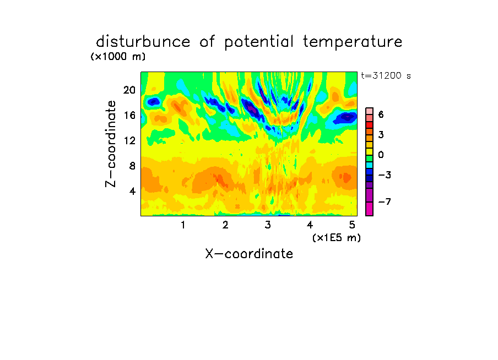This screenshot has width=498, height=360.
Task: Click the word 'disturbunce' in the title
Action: click(143, 41)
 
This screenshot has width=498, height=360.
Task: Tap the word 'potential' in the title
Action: click(259, 42)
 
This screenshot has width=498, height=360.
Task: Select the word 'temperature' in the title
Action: click(353, 42)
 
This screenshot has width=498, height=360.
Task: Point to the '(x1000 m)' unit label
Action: click(118, 57)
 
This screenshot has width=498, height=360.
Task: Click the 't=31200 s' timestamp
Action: click(386, 76)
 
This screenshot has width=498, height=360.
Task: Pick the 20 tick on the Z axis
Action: click(129, 90)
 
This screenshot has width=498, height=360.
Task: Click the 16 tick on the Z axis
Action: click(129, 115)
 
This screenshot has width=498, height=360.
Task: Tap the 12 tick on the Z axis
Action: click(129, 140)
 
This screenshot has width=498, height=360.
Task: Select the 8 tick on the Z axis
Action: click(132, 166)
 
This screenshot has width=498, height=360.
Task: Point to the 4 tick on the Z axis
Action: click(132, 191)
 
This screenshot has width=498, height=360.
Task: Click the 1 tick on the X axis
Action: click(183, 225)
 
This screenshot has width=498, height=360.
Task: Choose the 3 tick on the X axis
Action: click(268, 225)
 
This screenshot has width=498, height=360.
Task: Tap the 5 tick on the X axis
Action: click(352, 225)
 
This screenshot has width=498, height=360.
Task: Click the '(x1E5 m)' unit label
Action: click(337, 238)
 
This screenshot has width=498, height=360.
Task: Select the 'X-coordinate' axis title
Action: click(249, 254)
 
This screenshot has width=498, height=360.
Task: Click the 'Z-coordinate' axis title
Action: click(111, 144)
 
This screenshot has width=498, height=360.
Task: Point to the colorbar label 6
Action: click(381, 114)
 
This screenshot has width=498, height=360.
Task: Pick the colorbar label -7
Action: click(385, 201)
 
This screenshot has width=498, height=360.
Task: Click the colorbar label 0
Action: click(381, 155)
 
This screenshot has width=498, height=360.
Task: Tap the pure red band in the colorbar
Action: click(370, 125)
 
